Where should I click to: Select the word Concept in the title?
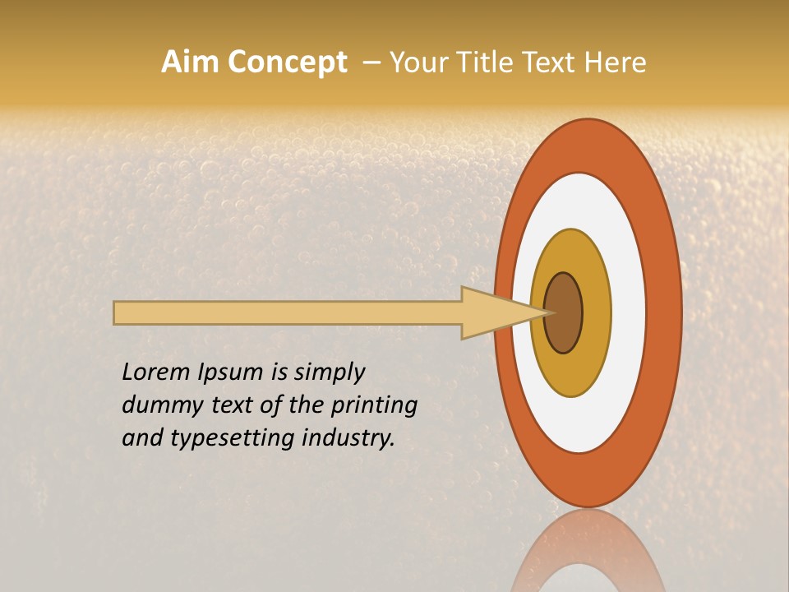point(288,62)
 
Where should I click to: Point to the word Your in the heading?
point(415,62)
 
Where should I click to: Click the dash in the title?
point(371,62)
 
